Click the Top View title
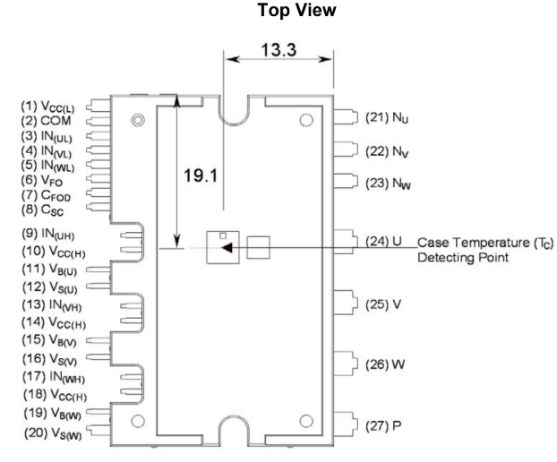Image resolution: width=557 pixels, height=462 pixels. click(x=296, y=10)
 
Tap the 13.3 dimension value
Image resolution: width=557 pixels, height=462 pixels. click(x=278, y=50)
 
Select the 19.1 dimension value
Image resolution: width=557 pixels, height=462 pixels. click(x=201, y=175)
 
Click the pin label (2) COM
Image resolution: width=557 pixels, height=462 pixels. click(x=46, y=121)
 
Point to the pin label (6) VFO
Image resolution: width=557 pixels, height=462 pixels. click(x=41, y=181)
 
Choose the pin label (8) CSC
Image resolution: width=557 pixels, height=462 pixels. click(x=42, y=210)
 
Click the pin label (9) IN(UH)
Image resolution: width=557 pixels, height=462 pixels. click(x=48, y=234)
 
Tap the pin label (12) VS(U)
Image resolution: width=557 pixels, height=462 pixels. click(x=50, y=287)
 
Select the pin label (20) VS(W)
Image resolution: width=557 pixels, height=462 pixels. click(x=53, y=433)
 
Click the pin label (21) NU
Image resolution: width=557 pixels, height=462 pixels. click(x=387, y=117)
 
